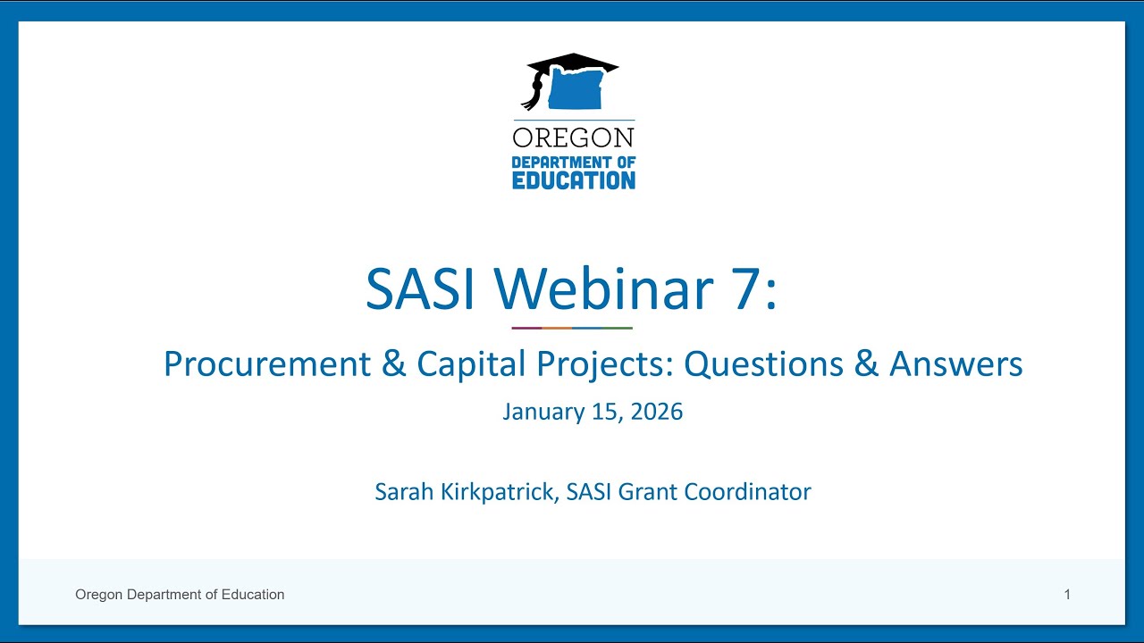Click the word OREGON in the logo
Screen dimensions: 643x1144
tap(573, 138)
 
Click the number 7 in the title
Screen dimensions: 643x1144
tap(749, 288)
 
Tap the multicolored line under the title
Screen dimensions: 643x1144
tap(572, 328)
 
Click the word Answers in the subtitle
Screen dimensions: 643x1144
tap(955, 364)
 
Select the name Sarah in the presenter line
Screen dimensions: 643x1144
tap(400, 491)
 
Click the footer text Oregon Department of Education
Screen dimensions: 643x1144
tap(180, 595)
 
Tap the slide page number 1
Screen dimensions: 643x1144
tap(1067, 595)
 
